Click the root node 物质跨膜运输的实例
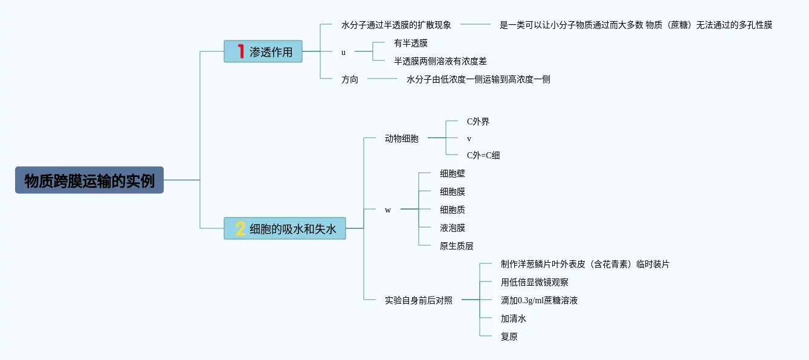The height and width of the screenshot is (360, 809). tap(89, 180)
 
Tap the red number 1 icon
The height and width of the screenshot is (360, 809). tap(240, 52)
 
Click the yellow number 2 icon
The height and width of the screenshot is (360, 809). tap(240, 229)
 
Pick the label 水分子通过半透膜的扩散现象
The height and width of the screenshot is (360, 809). tap(396, 25)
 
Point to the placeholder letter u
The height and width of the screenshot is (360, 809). tap(343, 52)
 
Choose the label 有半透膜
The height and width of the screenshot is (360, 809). tap(410, 43)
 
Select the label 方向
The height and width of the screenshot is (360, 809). tap(349, 79)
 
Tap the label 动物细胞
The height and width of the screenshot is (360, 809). tap(401, 138)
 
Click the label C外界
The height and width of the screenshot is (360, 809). tap(478, 121)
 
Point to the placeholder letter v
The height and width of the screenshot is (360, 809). tap(469, 138)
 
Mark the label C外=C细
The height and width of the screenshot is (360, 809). tap(483, 155)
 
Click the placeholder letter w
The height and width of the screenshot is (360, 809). tap(387, 210)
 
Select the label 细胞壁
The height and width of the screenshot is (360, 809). tap(452, 173)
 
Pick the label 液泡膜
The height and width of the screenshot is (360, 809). tap(452, 228)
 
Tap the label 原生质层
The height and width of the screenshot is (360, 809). tap(456, 246)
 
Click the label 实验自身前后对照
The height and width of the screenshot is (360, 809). tap(418, 300)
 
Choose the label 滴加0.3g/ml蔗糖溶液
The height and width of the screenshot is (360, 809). tap(539, 300)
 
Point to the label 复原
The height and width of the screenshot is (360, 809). tap(509, 336)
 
